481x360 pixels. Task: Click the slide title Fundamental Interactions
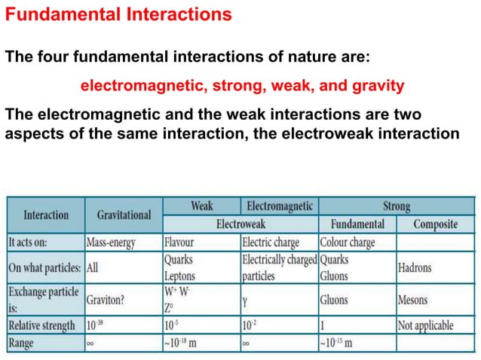(118, 15)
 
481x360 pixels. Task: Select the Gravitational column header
(124, 215)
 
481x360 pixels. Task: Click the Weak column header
(201, 206)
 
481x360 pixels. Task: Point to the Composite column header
(435, 224)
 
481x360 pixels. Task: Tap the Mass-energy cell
(113, 243)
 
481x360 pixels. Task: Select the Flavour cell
(179, 243)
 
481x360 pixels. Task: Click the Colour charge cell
(348, 243)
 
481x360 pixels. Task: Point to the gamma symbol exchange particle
(246, 300)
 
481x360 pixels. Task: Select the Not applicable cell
(426, 325)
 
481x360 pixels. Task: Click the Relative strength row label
(42, 325)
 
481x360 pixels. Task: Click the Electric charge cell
(270, 243)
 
